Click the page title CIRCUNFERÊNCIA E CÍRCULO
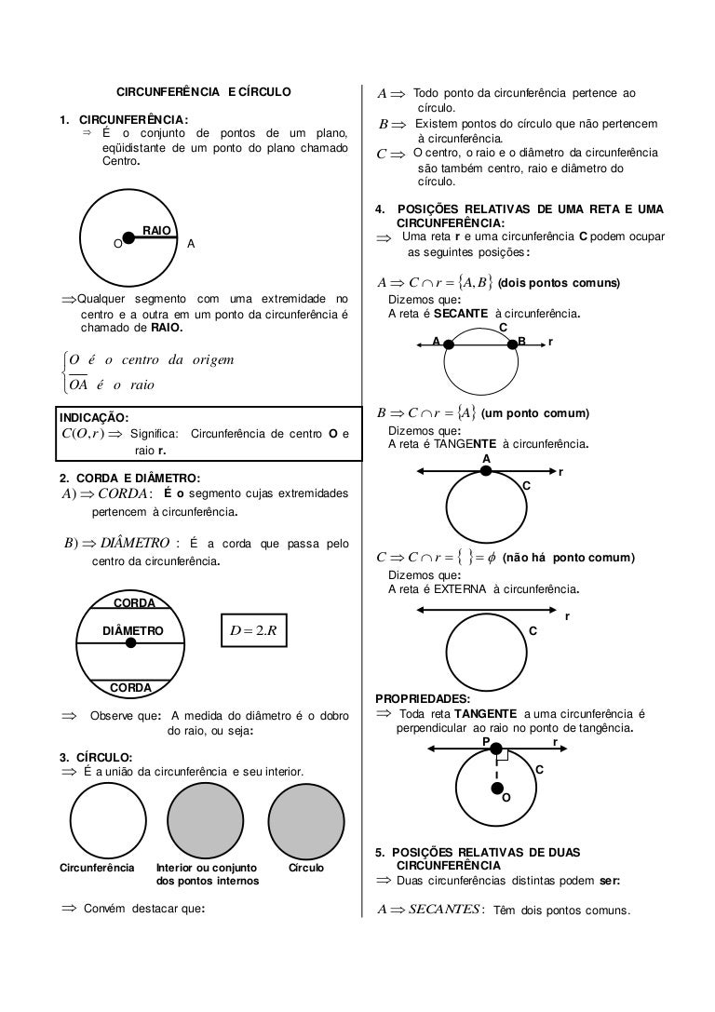click(203, 92)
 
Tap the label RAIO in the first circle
click(155, 229)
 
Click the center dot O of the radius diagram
click(129, 238)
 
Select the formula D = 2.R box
click(254, 631)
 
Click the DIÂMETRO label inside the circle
click(132, 630)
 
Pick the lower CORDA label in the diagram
click(130, 687)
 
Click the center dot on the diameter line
click(131, 643)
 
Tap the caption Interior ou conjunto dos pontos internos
click(208, 873)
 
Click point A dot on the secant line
click(449, 344)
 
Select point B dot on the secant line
click(512, 344)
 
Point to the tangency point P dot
click(496, 749)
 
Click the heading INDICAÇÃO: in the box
click(94, 417)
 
